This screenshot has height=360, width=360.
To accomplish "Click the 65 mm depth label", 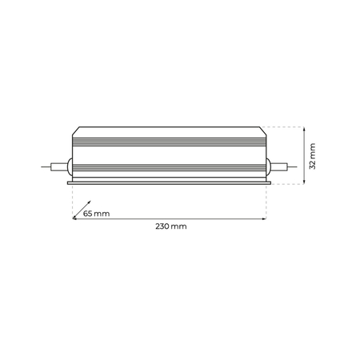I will (96, 214).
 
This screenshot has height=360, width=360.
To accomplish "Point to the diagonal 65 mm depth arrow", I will (80, 210).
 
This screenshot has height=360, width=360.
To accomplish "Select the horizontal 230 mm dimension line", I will (169, 218).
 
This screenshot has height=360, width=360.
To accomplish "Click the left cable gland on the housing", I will (70, 166).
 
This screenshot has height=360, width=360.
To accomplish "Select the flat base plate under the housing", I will (169, 182).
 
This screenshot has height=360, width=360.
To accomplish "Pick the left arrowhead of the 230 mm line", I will (74, 218).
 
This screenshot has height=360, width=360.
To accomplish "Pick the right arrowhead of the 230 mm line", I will (264, 218).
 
